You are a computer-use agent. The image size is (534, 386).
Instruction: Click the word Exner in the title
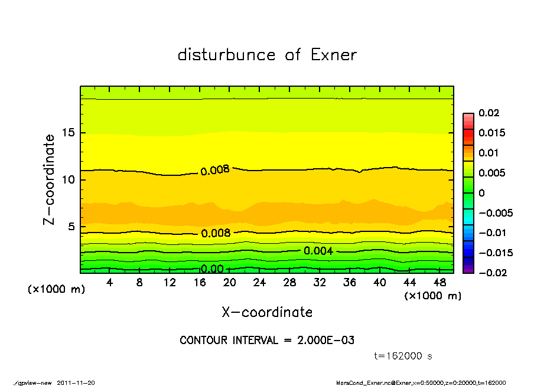pyautogui.click(x=333, y=55)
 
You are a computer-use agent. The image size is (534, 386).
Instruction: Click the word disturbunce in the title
pyautogui.click(x=227, y=55)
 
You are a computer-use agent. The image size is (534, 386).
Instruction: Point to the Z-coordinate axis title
pyautogui.click(x=50, y=179)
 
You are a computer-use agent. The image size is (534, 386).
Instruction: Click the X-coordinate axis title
pyautogui.click(x=267, y=312)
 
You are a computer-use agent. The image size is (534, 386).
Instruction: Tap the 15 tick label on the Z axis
pyautogui.click(x=68, y=133)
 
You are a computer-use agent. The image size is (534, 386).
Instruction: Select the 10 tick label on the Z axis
pyautogui.click(x=68, y=179)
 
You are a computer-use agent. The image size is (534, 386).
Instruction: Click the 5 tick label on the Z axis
pyautogui.click(x=71, y=226)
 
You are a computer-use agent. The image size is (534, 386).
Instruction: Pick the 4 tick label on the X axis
pyautogui.click(x=110, y=283)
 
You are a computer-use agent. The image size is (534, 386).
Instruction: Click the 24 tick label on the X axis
pyautogui.click(x=259, y=283)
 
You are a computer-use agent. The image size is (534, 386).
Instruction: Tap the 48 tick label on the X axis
pyautogui.click(x=439, y=283)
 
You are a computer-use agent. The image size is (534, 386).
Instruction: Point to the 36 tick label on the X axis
pyautogui.click(x=349, y=283)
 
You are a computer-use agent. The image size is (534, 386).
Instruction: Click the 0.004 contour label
pyautogui.click(x=318, y=251)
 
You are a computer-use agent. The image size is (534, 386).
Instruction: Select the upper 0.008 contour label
pyautogui.click(x=215, y=171)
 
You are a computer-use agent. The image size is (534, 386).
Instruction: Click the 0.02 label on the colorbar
pyautogui.click(x=488, y=113)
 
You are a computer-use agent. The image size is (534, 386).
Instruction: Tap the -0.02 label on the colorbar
pyautogui.click(x=490, y=273)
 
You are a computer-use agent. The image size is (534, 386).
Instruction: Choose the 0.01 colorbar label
pyautogui.click(x=488, y=153)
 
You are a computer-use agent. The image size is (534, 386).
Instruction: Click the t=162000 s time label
pyautogui.click(x=403, y=356)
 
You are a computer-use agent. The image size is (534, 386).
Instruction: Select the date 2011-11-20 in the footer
pyautogui.click(x=76, y=382)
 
